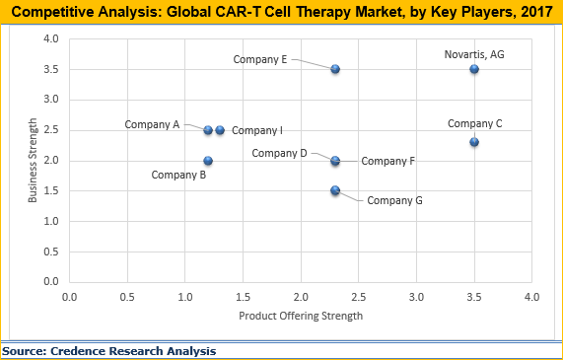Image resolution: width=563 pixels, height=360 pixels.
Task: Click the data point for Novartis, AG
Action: [474, 69]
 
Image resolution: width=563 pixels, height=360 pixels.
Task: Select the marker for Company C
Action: [474, 142]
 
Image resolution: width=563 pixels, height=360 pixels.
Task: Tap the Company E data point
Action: [335, 69]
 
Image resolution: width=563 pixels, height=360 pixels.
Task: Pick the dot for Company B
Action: [208, 161]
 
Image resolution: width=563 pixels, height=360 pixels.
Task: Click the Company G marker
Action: [335, 190]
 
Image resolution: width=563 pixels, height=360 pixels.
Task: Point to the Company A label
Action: [152, 124]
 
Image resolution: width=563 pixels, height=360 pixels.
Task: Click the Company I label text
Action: [257, 130]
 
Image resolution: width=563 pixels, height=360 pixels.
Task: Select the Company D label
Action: [279, 153]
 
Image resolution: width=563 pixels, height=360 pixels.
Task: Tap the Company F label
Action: [387, 161]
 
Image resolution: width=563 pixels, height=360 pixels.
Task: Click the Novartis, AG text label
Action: [474, 55]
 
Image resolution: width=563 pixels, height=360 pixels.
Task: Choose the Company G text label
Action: [394, 200]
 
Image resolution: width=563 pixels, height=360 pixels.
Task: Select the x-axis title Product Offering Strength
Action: [300, 316]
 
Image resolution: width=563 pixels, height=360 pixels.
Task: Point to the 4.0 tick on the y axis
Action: [50, 39]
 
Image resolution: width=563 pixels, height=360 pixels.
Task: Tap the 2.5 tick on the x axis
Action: [358, 296]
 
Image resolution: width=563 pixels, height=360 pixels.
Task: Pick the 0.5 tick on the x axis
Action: [127, 296]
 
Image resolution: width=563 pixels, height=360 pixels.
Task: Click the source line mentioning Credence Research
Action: [109, 350]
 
